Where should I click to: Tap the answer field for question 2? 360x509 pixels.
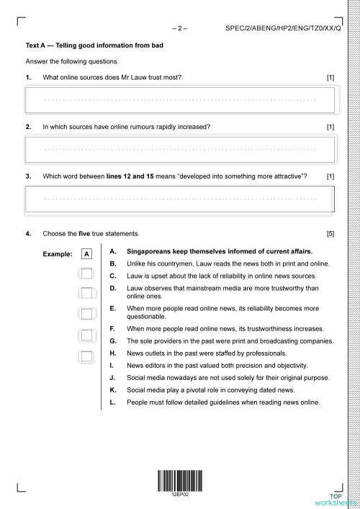coord(180,148)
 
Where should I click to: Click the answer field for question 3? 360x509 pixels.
coord(180,198)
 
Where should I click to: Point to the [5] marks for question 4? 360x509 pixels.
coord(330,234)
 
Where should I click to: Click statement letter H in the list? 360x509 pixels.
coord(112,353)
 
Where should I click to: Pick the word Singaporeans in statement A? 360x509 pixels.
coord(149,252)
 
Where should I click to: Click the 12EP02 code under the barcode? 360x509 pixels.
coord(179,495)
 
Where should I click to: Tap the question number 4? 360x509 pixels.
coord(28,234)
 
